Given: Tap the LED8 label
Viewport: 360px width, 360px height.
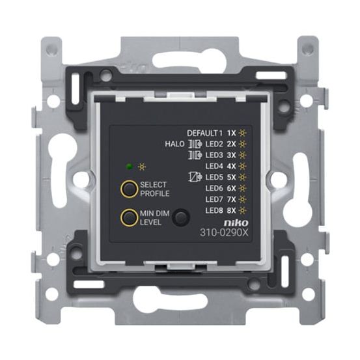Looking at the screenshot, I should [214, 210].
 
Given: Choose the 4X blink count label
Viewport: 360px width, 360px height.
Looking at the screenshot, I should [231, 166].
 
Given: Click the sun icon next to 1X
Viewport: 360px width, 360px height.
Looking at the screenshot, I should [243, 133].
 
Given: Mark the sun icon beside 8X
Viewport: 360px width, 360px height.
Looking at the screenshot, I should [243, 210].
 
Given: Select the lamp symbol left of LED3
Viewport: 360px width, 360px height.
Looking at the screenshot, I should [193, 155].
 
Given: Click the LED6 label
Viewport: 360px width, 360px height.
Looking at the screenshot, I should [214, 188].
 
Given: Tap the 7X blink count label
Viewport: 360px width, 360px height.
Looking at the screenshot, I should [231, 199].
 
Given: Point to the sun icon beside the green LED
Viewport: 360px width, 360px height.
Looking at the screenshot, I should [141, 167].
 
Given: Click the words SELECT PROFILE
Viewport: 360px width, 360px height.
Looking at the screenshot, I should [154, 189].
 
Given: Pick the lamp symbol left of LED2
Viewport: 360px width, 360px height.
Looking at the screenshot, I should [193, 144].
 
